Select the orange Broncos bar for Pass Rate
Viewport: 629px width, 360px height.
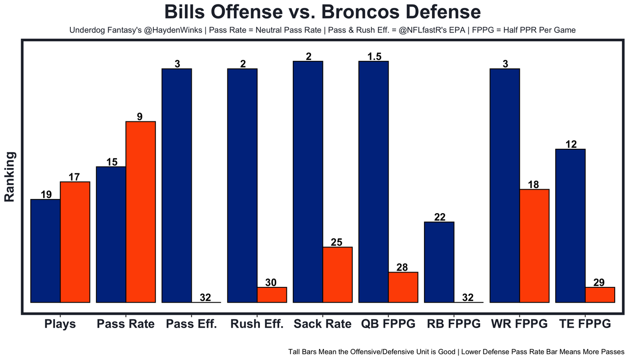[141, 212]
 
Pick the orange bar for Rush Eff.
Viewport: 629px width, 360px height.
[272, 295]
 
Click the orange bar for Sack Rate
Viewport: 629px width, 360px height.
[338, 275]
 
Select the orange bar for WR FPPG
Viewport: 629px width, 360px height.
[534, 246]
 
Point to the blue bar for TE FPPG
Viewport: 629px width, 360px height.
[570, 225]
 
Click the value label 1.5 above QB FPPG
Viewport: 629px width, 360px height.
[374, 56]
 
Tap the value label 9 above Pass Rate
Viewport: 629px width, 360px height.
[140, 117]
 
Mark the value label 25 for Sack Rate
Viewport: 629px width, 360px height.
[337, 242]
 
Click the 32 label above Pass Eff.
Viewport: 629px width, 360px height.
[205, 297]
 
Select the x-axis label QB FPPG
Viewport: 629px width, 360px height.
[388, 324]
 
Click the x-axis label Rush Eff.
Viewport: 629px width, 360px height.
[257, 324]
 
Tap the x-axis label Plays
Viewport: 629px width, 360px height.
[60, 324]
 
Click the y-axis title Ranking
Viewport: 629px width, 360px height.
[10, 177]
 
